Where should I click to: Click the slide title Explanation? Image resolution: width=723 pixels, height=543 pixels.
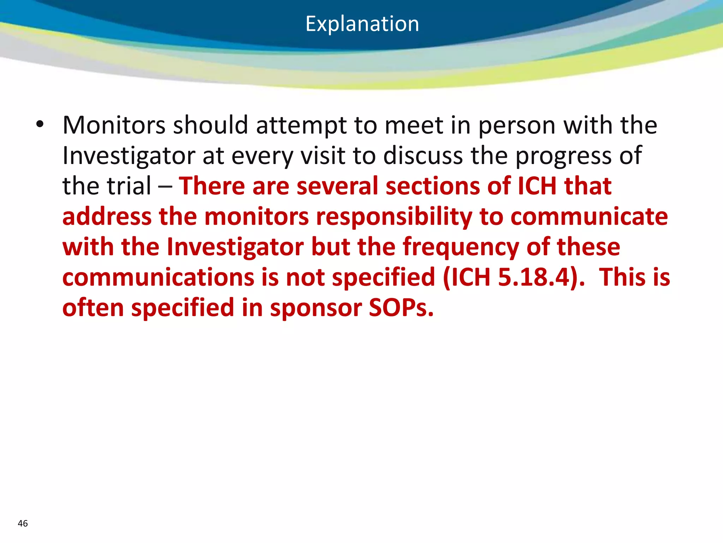pos(362,24)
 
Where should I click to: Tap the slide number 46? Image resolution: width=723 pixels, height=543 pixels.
pos(23,524)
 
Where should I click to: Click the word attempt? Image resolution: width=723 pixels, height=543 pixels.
pos(301,126)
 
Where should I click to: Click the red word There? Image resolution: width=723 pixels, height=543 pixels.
pos(211,186)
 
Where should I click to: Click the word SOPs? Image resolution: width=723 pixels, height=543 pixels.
pos(401,308)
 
